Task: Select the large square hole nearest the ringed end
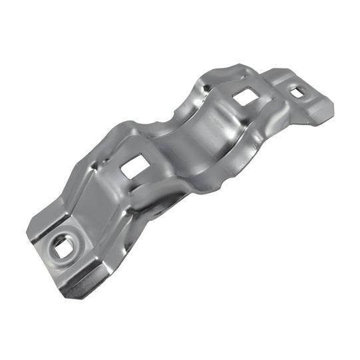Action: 135,167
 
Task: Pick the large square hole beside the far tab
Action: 246,97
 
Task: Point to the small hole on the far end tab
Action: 297,90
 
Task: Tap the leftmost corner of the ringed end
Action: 27,233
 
